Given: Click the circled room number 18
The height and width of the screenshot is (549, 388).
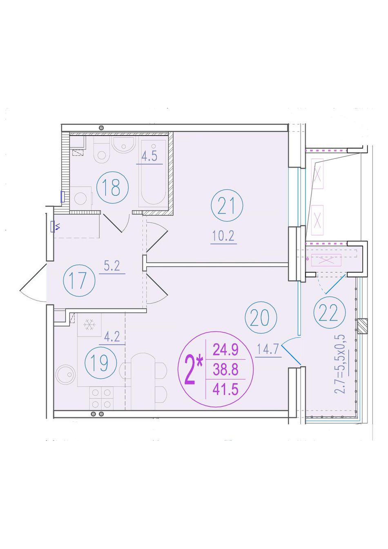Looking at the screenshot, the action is point(112,187).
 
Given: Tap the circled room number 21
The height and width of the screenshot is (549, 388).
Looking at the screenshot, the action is point(227,205).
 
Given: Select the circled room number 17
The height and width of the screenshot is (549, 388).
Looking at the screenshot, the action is point(79,280).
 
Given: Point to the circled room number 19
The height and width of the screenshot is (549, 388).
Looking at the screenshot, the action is point(100,363).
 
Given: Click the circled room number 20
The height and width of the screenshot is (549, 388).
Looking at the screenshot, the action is point(261,317).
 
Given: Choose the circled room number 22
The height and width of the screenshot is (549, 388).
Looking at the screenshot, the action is point(330,312).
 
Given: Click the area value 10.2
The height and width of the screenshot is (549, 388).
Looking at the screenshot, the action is point(223,236).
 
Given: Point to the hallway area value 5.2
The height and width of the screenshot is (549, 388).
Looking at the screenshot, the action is point(112,266).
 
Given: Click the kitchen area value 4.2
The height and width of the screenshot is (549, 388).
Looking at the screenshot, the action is point(112,337).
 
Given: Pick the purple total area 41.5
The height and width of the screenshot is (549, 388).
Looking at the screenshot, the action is point(225,389).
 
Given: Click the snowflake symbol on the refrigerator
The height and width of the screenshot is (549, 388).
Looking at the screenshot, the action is point(89,325).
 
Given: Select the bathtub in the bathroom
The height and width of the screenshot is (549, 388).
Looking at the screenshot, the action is point(153,172).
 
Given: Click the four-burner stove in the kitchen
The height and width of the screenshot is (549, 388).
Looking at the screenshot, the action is point(101,398).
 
